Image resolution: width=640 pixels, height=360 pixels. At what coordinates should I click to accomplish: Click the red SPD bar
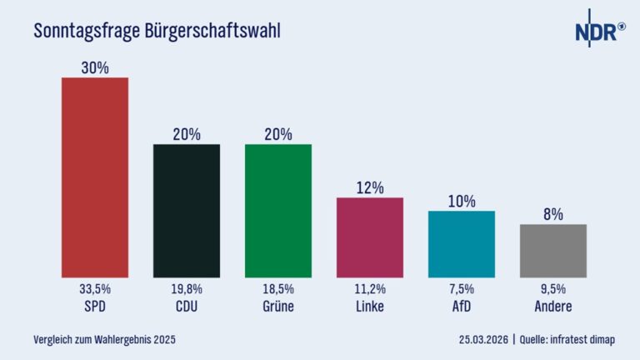coord(95,177)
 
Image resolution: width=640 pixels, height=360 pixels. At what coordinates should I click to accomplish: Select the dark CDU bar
coord(187,210)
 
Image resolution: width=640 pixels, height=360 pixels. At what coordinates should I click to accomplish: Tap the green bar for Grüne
coord(278,210)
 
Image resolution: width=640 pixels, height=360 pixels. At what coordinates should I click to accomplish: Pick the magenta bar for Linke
coord(369,237)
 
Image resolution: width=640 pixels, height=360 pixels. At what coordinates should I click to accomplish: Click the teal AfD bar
coord(461,243)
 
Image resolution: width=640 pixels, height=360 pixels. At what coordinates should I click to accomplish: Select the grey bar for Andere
coord(552,250)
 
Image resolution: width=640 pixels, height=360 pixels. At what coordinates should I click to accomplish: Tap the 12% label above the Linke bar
coord(369,188)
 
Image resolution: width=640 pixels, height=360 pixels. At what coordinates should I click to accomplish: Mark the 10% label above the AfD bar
coord(461,202)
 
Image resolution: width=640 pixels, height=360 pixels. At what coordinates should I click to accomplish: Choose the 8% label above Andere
coord(552,215)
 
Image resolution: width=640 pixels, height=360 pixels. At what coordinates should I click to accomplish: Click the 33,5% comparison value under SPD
coord(95,289)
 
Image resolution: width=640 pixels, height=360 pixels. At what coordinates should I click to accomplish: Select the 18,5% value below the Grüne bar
coord(278,289)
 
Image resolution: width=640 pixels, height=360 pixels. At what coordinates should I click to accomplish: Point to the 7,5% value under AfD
coord(461,289)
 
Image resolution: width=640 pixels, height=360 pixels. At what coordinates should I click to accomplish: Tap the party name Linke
coord(369,306)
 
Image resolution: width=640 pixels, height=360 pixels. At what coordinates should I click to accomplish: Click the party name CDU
coord(187,306)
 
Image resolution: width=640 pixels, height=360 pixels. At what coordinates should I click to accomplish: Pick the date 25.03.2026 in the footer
coord(484,340)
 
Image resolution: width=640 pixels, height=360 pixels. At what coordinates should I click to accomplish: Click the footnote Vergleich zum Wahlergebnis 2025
coord(104,340)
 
